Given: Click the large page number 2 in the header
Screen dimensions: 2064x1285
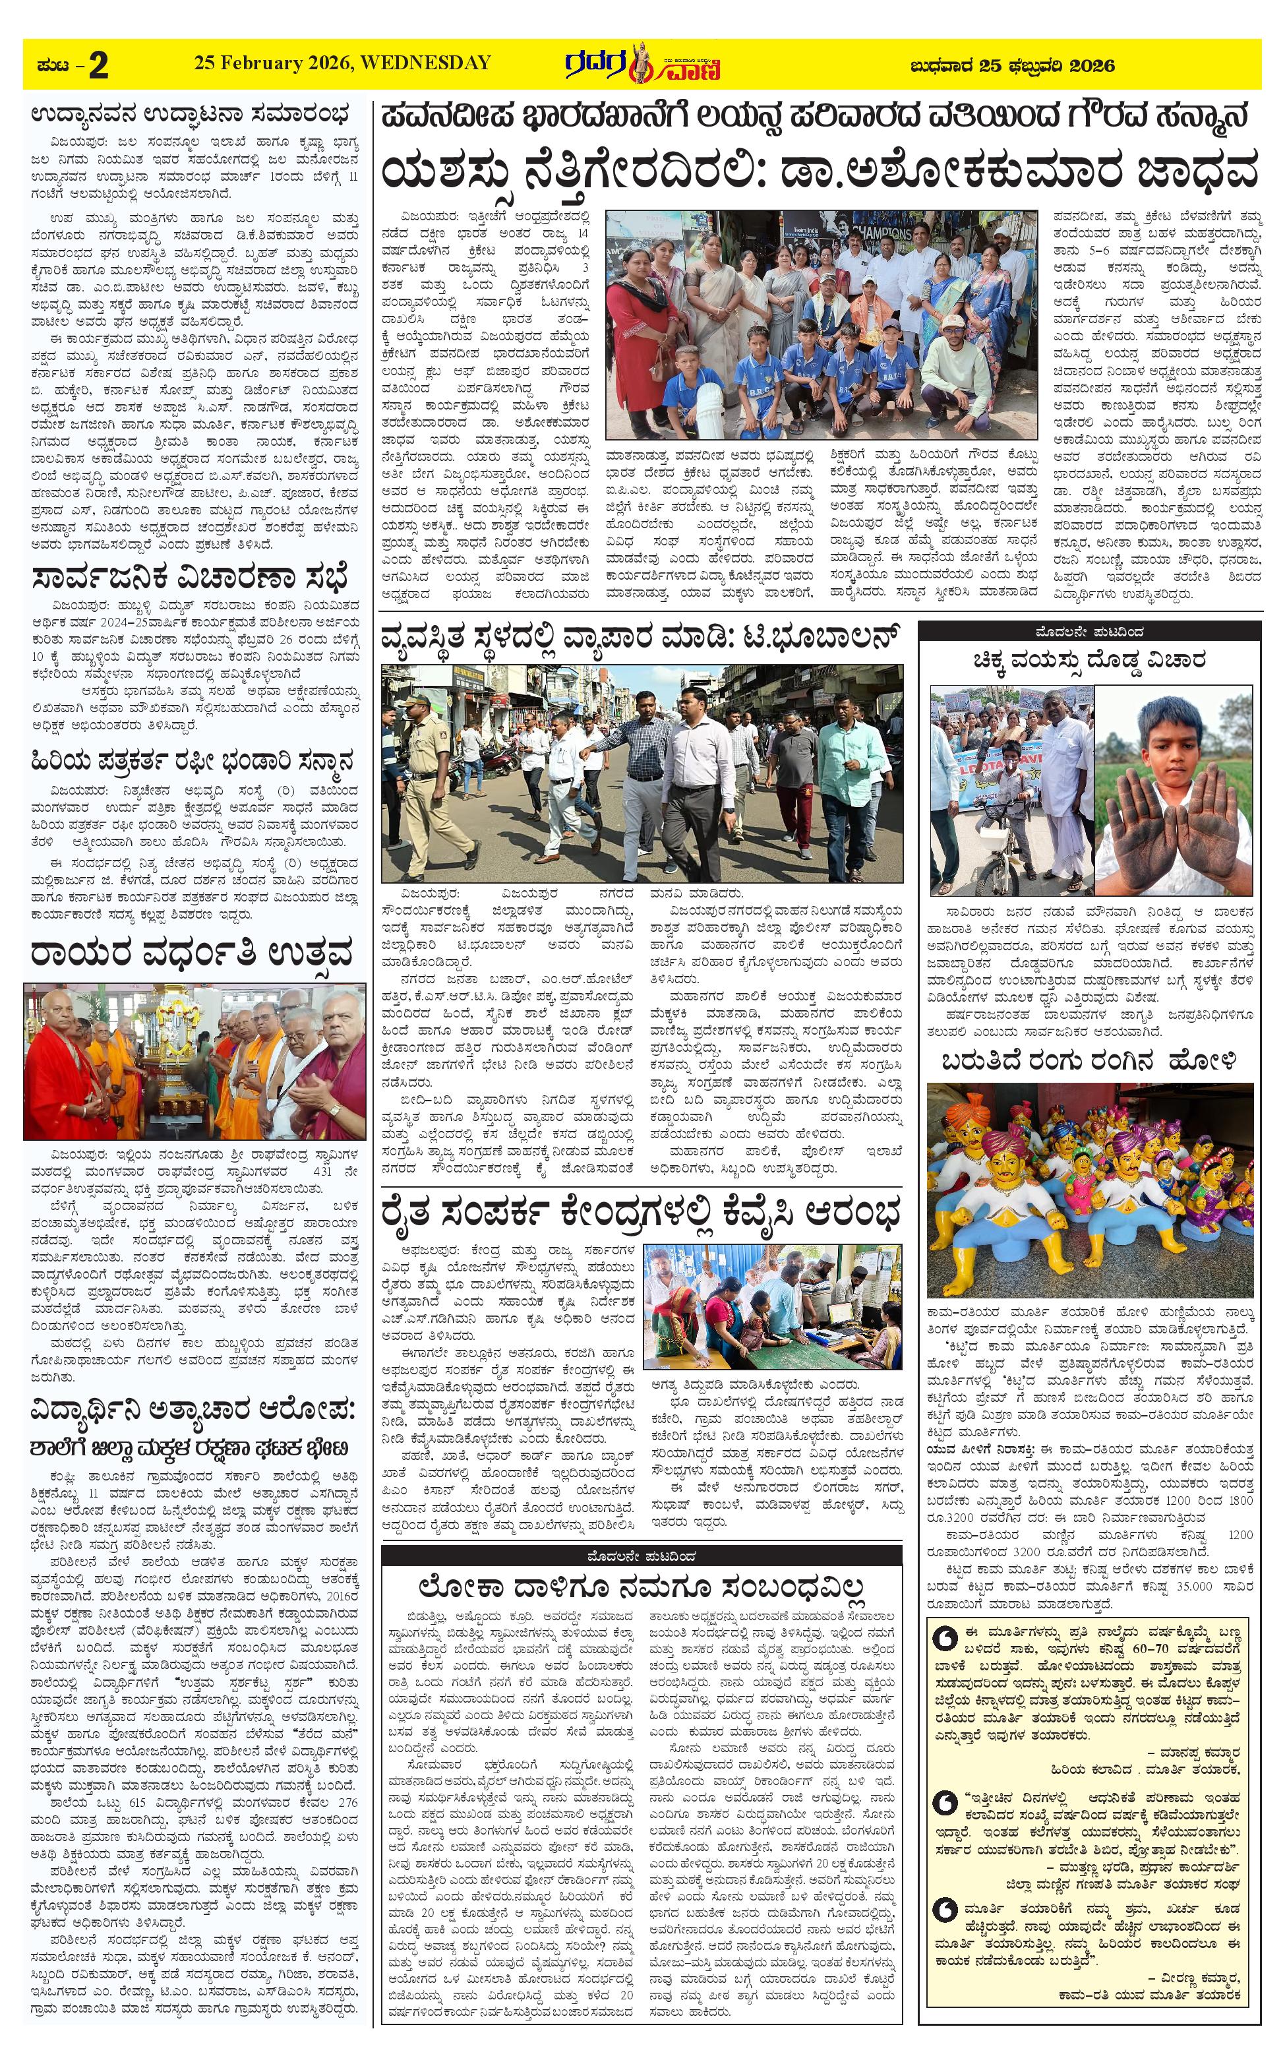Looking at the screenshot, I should tap(99, 65).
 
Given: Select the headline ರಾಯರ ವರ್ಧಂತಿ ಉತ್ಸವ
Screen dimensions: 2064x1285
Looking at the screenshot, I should tap(191, 954).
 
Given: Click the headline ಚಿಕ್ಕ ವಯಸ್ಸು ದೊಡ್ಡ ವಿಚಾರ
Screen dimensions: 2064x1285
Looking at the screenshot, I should tap(1090, 659).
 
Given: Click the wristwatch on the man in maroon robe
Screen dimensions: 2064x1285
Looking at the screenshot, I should tap(335, 1110).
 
